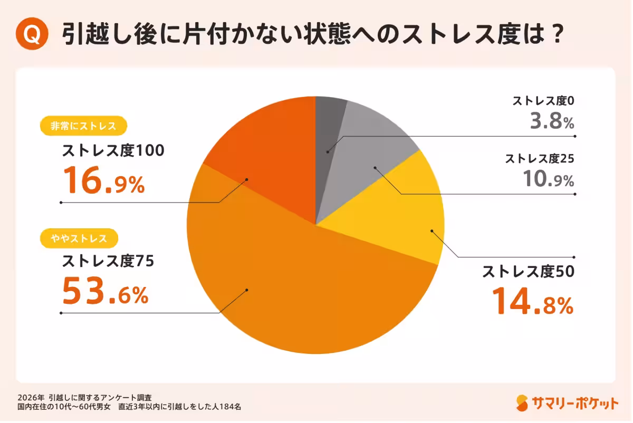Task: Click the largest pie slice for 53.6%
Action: [295, 295]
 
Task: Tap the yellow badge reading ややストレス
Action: [80, 238]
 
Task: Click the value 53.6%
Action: [105, 291]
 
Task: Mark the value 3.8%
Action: [551, 122]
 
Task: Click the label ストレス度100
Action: [113, 151]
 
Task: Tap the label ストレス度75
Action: [108, 261]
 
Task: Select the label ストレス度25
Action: [539, 158]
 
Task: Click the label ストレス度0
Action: [542, 101]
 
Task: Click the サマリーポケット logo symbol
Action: [522, 402]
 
